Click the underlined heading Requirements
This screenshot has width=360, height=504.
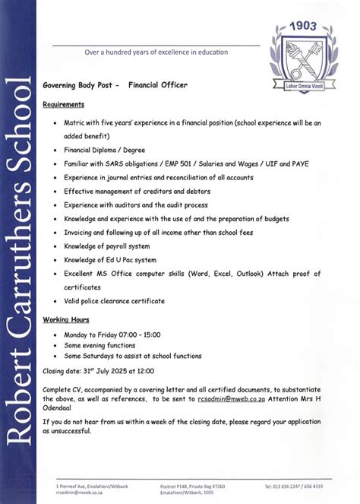tap(64, 104)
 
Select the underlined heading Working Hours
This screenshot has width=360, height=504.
tap(66, 319)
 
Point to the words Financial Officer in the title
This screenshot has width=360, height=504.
tap(157, 86)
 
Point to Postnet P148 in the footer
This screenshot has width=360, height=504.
tap(186, 486)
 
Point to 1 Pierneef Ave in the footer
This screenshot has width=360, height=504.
tap(73, 486)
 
